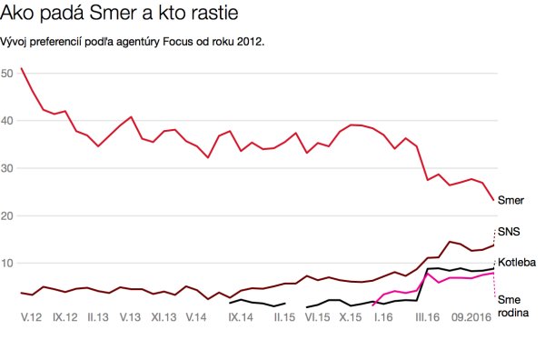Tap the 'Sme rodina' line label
pos(511,305)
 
